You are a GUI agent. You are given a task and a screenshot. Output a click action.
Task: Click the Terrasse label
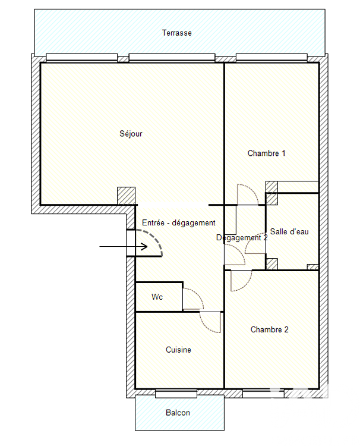click(176, 33)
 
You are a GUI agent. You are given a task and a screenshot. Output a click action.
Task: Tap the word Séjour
click(131, 134)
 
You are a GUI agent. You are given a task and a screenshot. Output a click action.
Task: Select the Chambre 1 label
click(266, 153)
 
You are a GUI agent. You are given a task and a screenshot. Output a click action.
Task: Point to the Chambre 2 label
click(269, 329)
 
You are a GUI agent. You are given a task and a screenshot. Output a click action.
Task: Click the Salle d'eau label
click(289, 231)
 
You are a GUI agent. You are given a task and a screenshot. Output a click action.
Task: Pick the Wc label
click(157, 297)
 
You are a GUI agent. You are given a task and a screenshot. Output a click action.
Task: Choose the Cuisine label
click(178, 350)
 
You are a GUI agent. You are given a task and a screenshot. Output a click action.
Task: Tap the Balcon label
click(178, 413)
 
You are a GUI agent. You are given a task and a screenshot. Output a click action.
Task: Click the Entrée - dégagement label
click(179, 223)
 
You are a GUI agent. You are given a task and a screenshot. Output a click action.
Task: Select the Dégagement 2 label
click(242, 238)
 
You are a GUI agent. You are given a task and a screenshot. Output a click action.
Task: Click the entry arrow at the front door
click(124, 246)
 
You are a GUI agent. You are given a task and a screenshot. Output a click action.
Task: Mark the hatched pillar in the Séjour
click(127, 196)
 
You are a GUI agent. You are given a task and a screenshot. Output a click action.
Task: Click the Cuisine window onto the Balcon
click(176, 394)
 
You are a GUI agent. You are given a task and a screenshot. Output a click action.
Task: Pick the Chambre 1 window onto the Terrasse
click(271, 58)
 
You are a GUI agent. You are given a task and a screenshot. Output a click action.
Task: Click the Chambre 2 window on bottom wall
click(263, 394)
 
